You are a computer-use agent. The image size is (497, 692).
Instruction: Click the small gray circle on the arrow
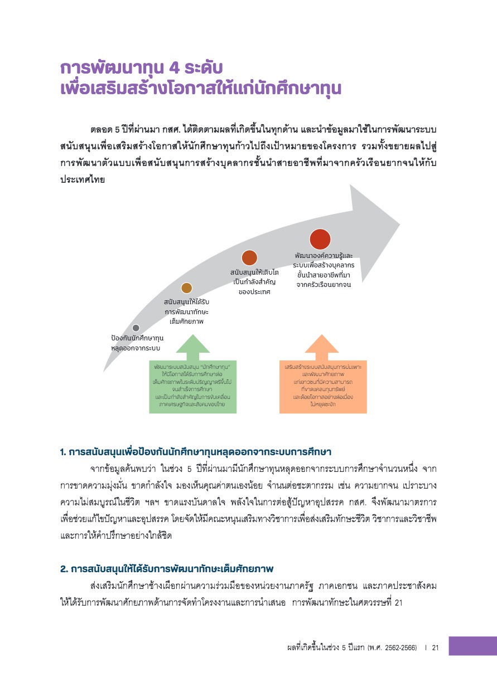(136, 328)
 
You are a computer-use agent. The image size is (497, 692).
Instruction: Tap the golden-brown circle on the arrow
(186, 287)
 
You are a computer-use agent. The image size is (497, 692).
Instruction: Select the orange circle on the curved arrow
(249, 257)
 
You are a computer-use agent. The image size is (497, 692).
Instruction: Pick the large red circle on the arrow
(320, 238)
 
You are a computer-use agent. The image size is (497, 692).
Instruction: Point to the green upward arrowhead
(193, 344)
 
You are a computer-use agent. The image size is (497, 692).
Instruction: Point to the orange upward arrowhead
(322, 344)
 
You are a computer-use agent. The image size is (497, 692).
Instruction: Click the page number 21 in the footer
(436, 648)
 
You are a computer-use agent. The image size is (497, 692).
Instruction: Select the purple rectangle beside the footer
(472, 646)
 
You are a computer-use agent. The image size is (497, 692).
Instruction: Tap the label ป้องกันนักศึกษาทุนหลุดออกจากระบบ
(136, 343)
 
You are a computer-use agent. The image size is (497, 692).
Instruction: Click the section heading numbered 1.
(200, 451)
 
